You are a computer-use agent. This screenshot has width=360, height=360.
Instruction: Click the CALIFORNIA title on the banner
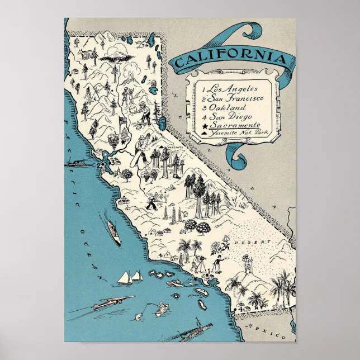click(233, 58)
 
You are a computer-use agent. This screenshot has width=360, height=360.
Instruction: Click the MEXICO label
click(274, 329)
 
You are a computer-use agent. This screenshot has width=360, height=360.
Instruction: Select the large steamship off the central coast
click(113, 231)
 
